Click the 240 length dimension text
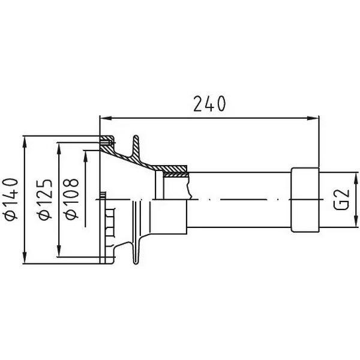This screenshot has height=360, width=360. coord(209,104)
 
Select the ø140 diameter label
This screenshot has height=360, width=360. coord(11,199)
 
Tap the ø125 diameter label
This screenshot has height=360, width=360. coord(45,199)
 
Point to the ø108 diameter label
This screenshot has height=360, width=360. coord(72,199)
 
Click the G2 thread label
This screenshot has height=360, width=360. coord(341,200)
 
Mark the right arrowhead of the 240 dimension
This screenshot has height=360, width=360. coord(313,118)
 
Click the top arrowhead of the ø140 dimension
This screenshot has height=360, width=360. coord(25,142)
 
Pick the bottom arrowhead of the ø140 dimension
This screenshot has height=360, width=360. coord(25,258)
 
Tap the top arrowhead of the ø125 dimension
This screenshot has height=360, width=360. coord(59,149)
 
